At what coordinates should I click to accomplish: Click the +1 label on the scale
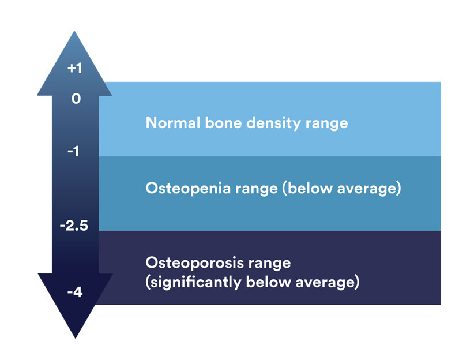coord(75,69)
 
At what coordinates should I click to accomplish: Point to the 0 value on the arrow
coord(76,99)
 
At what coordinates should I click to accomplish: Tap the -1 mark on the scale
coord(73,152)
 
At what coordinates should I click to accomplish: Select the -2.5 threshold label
coord(74,226)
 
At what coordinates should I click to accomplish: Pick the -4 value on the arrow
coord(74,292)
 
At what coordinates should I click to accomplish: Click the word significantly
coord(190,283)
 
